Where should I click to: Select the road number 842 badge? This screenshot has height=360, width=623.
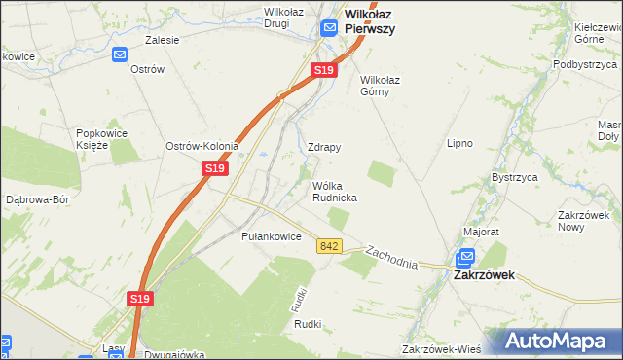coord(328,247)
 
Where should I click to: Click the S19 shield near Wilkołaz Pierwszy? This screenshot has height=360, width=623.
coord(324,71)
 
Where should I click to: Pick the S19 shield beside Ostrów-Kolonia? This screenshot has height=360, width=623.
coord(215,168)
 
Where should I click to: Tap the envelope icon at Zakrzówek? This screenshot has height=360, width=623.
coord(465,258)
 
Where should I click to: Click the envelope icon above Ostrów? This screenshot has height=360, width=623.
coord(120,55)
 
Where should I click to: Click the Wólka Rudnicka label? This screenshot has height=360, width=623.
coord(334,191)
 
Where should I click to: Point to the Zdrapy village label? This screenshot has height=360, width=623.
coord(324,148)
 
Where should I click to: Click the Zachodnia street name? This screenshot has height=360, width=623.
coord(391,258)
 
